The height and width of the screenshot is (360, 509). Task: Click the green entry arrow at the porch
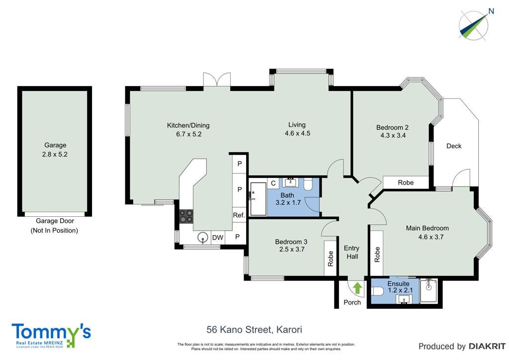point(357,288)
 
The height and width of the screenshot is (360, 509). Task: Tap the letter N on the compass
point(491,11)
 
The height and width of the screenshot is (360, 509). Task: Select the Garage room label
point(55,145)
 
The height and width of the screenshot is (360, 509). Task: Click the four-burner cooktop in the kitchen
point(186,216)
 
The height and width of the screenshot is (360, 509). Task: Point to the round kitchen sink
point(203,238)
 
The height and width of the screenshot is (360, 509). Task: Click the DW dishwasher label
point(218,238)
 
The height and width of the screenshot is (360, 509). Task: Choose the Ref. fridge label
point(239,215)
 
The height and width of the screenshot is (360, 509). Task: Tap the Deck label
point(454,146)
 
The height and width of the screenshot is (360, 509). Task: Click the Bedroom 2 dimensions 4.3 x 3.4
point(393,135)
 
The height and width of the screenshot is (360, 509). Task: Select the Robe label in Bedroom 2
point(406,183)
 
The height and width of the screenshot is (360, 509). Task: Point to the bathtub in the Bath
point(258,199)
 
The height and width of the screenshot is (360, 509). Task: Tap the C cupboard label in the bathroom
point(273,183)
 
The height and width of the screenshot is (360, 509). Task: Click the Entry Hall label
point(352,252)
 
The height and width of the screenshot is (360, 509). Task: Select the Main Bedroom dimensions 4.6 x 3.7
point(431,237)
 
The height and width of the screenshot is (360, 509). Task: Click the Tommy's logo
point(51,335)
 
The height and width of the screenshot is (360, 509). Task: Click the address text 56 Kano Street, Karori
point(254,330)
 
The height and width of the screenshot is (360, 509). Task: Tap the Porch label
point(352,302)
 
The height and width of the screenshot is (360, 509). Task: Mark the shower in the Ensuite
point(428,291)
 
